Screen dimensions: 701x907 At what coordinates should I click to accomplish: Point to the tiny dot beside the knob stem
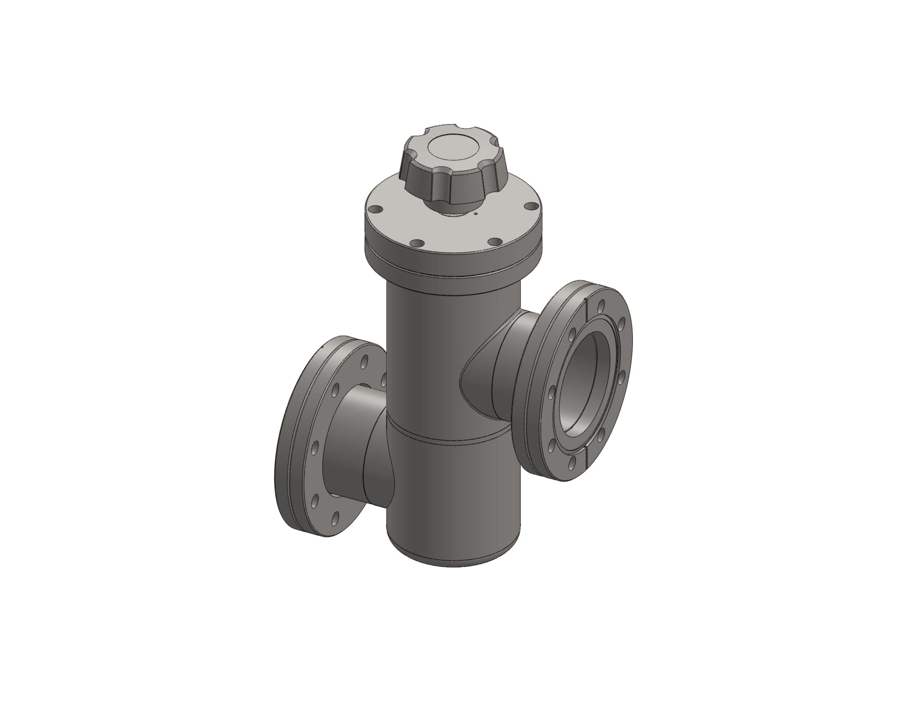point(475,214)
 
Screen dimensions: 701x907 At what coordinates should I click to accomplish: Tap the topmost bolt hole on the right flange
point(600,308)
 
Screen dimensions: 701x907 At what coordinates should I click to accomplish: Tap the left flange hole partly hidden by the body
point(383,377)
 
